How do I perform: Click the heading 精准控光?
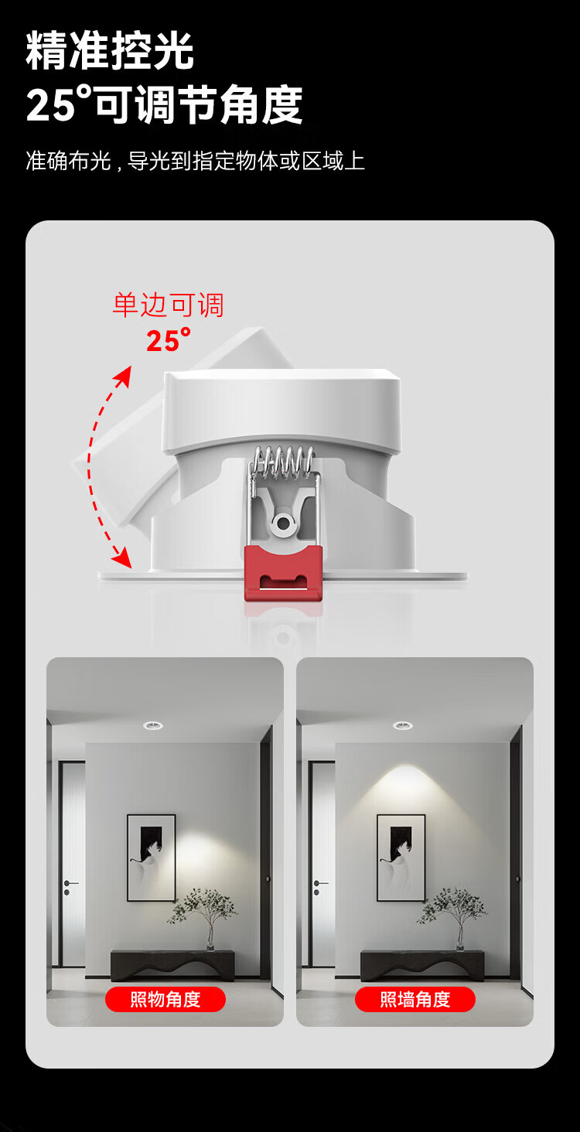tap(110, 50)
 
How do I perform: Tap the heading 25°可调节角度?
tap(164, 104)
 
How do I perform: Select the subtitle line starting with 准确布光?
tap(195, 161)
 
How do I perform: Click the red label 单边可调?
tap(168, 305)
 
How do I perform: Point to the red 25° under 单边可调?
tap(169, 339)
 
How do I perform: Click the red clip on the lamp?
tap(284, 574)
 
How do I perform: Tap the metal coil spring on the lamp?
tap(283, 461)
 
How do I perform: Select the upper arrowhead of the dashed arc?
tap(124, 377)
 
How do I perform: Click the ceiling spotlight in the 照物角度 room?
tap(152, 725)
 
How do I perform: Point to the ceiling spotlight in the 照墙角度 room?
tap(403, 725)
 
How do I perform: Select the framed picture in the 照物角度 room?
tap(151, 858)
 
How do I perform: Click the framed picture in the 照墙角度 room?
tap(401, 858)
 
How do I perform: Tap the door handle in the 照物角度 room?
tap(70, 884)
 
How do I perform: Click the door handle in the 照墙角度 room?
tap(320, 884)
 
